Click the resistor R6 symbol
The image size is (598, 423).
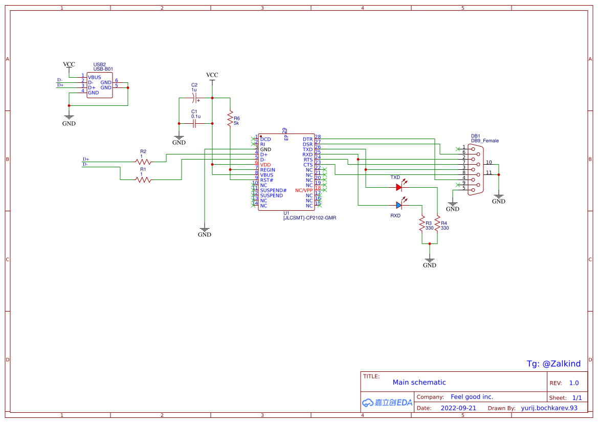[x=230, y=120]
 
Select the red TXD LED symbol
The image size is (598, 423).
[x=400, y=187]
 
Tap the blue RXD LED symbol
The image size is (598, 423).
[x=400, y=205]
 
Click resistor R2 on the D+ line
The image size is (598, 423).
[x=144, y=161]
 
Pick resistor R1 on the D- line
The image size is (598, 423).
[x=144, y=180]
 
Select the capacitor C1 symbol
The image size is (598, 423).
[x=194, y=123]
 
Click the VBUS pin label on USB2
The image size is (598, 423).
[x=94, y=77]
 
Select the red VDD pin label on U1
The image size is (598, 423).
[x=265, y=165]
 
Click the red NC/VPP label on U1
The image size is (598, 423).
[x=304, y=190]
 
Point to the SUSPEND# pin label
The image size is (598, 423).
[x=273, y=190]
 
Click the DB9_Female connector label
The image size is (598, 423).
[x=484, y=141]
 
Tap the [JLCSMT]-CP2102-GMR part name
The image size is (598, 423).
[x=309, y=217]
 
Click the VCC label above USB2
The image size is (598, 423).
[x=69, y=64]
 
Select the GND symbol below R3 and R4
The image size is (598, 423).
[x=430, y=261]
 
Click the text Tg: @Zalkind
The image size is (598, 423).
[x=553, y=364]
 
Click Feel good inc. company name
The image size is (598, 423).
[x=472, y=397]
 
